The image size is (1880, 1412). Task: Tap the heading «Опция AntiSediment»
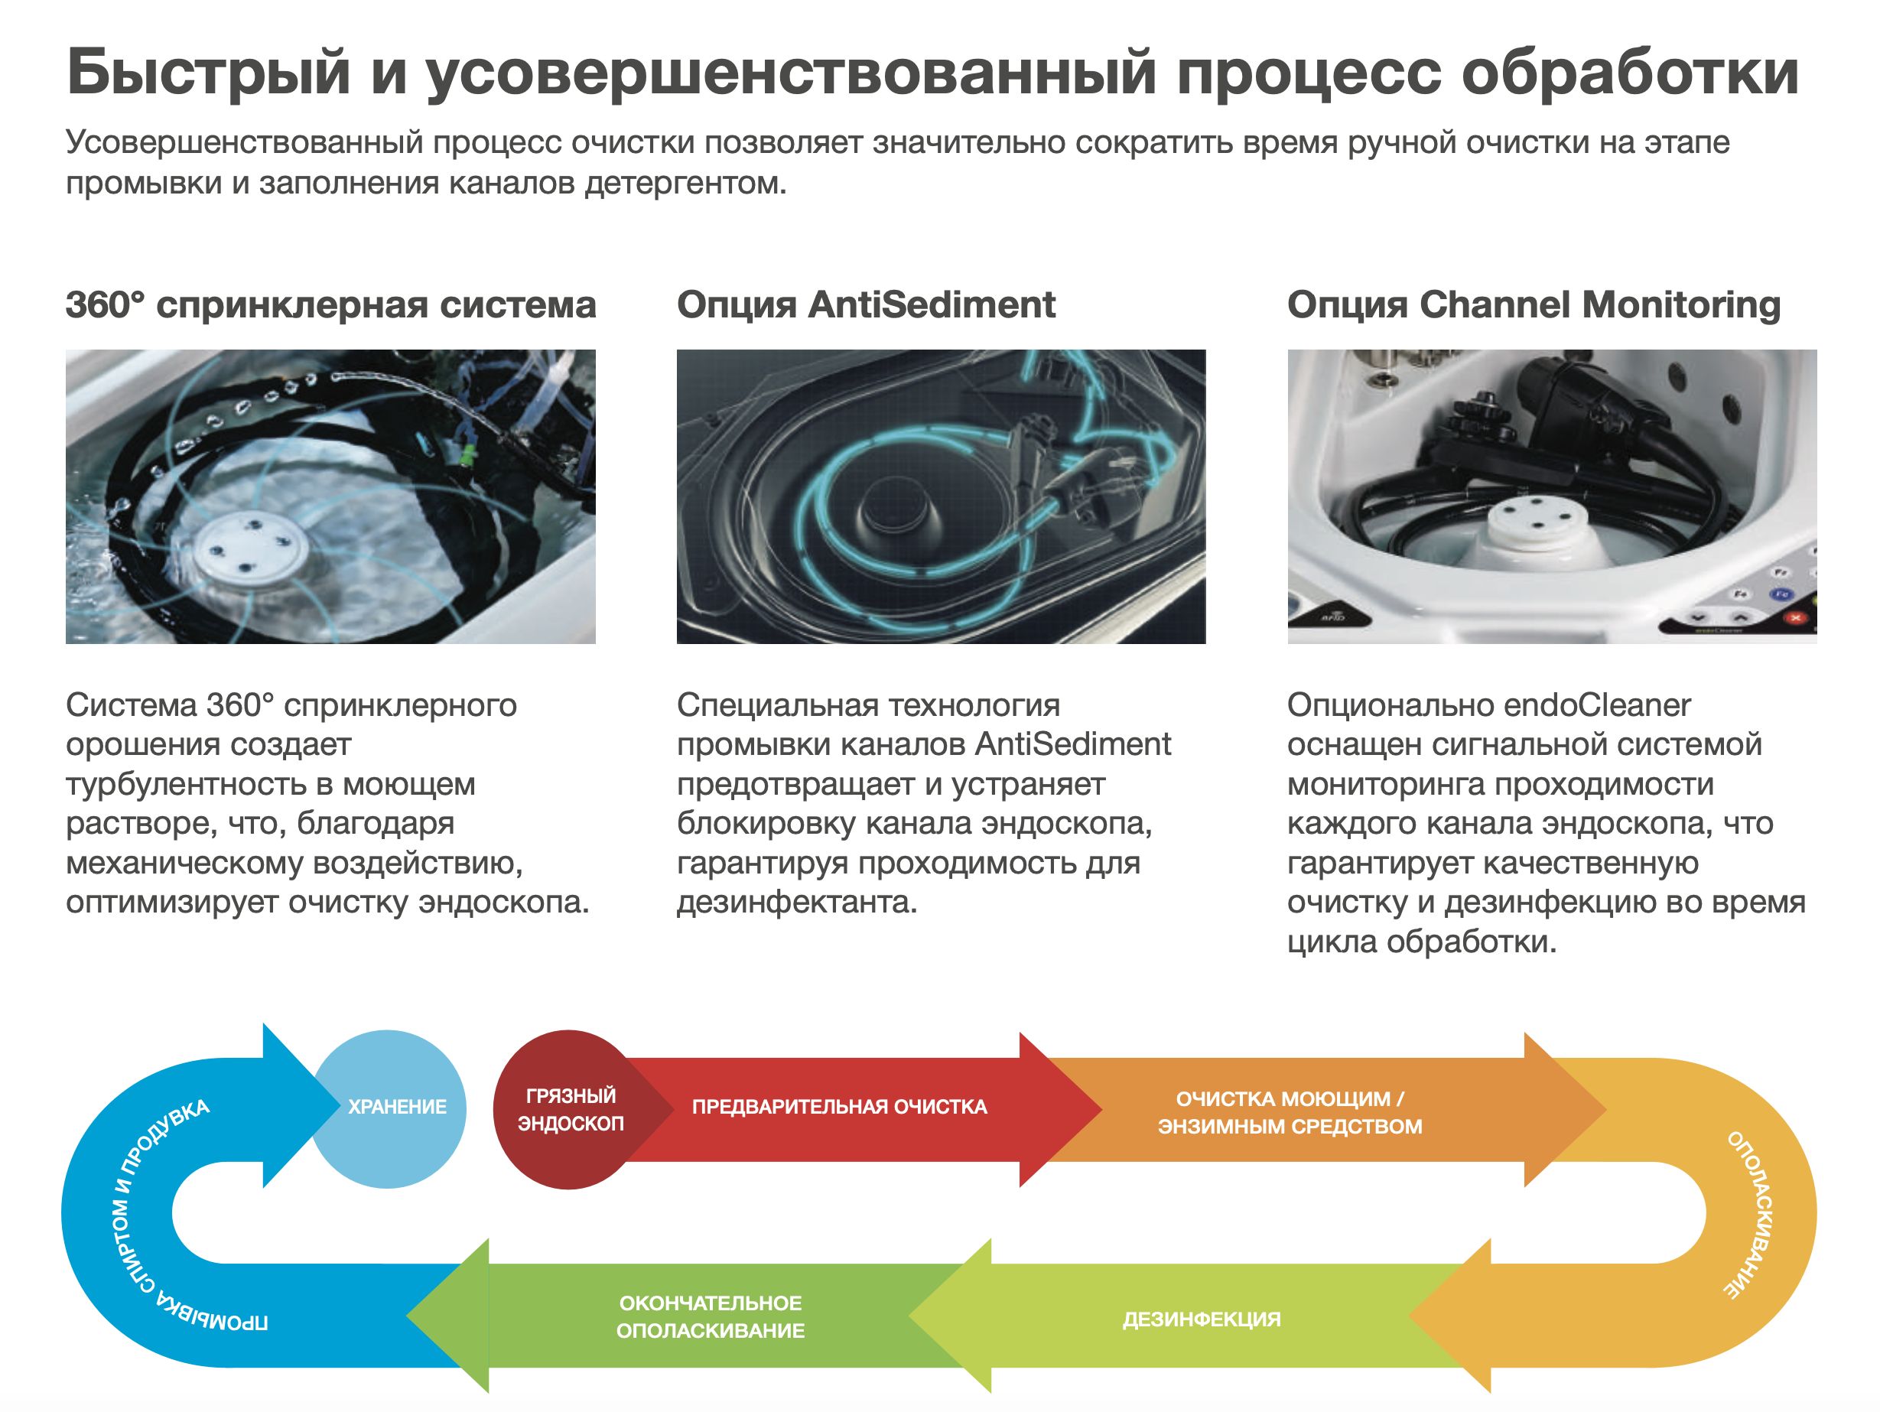pyautogui.click(x=866, y=304)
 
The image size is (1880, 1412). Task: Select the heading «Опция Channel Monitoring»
pyautogui.click(x=1534, y=305)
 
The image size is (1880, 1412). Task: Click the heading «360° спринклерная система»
pyautogui.click(x=330, y=304)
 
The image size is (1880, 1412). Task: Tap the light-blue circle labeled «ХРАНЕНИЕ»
pyautogui.click(x=389, y=1108)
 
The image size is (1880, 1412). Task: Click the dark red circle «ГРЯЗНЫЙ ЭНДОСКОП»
pyautogui.click(x=570, y=1109)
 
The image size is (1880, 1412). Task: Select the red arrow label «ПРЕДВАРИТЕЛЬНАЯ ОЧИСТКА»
pyautogui.click(x=840, y=1107)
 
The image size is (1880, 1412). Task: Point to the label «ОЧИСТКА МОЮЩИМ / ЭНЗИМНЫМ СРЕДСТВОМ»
pyautogui.click(x=1290, y=1113)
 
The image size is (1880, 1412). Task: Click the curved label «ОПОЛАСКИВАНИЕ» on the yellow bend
pyautogui.click(x=1749, y=1214)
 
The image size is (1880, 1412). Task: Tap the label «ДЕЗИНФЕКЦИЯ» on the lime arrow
pyautogui.click(x=1201, y=1319)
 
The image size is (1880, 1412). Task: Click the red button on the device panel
pyautogui.click(x=1796, y=618)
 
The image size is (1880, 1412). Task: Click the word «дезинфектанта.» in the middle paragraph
pyautogui.click(x=797, y=902)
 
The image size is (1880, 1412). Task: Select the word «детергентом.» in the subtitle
pyautogui.click(x=685, y=183)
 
